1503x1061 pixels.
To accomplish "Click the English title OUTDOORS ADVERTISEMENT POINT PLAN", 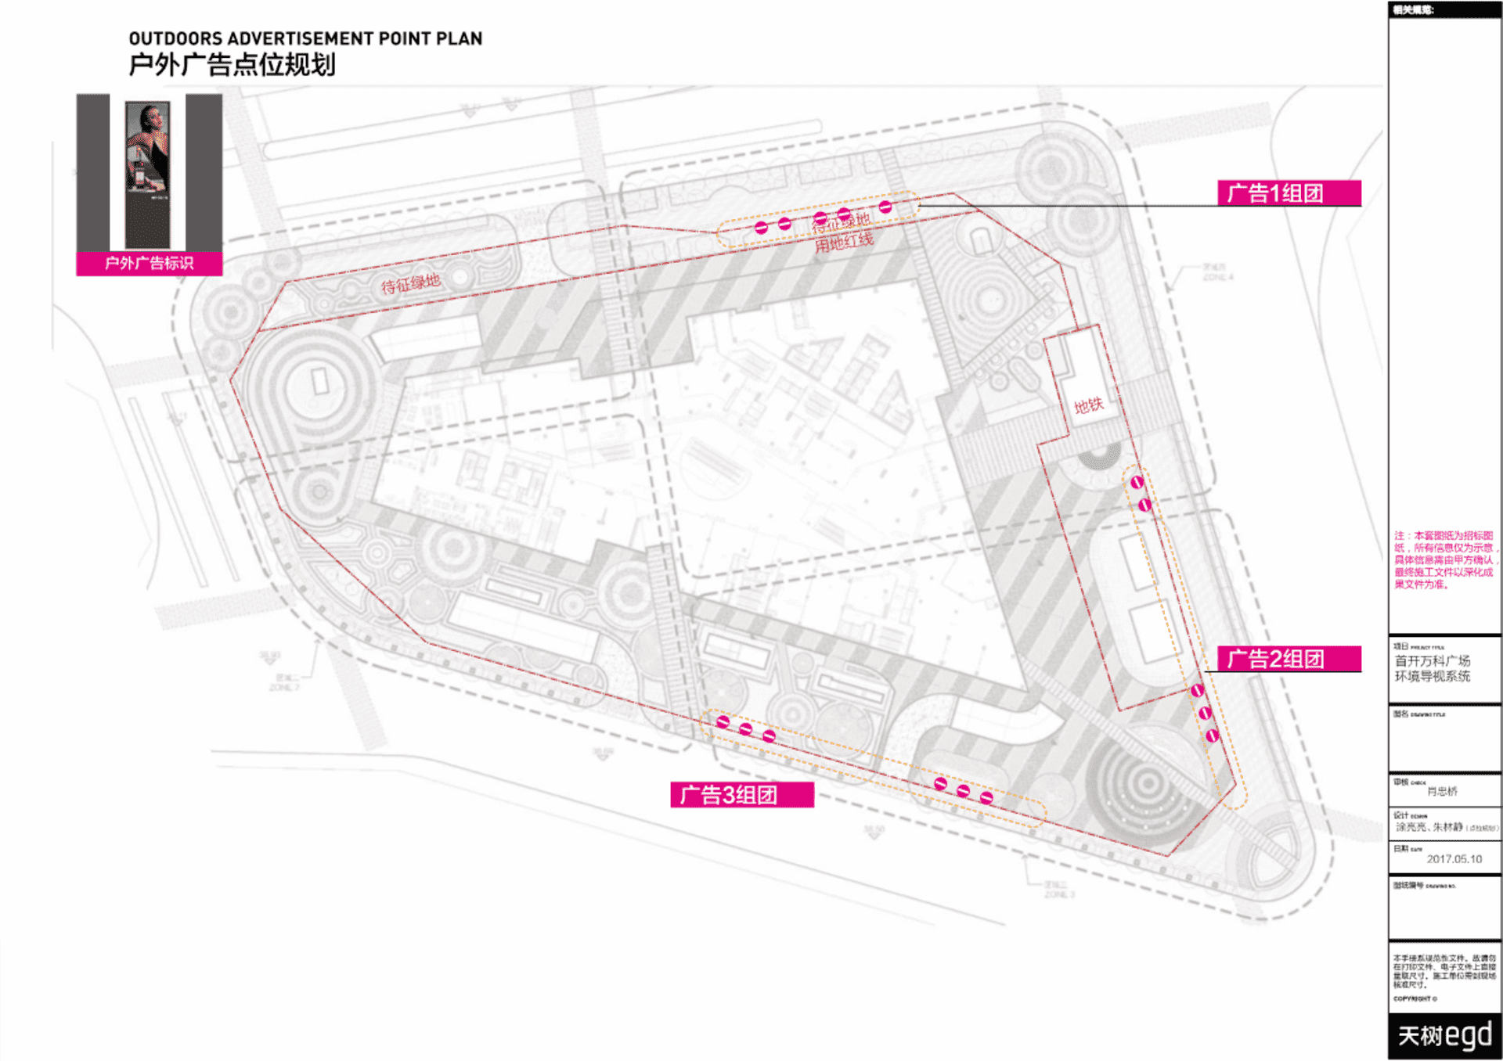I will click(305, 38).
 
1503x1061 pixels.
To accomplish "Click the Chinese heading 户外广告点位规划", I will click(232, 64).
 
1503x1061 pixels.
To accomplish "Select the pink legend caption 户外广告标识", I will click(149, 264).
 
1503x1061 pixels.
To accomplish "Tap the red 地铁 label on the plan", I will click(1088, 405).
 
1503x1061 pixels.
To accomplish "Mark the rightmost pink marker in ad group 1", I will click(885, 207).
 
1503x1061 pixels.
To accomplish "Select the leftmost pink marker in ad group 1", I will click(761, 228).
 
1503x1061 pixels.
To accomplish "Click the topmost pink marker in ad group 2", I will click(1137, 483).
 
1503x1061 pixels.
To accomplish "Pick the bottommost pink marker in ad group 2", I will click(1212, 736).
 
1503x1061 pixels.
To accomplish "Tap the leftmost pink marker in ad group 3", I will click(723, 722).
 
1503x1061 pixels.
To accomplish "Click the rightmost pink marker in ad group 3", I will click(986, 798).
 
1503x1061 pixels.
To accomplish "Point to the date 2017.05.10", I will click(1454, 859).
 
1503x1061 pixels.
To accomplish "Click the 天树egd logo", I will click(1444, 1035).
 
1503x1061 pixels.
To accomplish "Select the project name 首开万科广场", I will click(1432, 661).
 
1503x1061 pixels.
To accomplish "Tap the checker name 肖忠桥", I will click(1442, 792).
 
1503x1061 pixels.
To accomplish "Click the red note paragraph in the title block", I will click(1444, 559).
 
